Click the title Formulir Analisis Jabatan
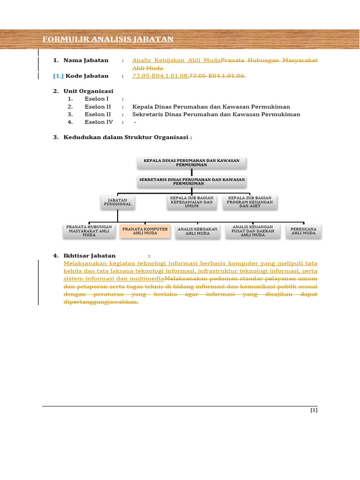coord(108,39)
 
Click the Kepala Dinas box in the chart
coord(191,163)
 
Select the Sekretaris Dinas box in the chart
coord(191,181)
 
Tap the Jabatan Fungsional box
coord(118,202)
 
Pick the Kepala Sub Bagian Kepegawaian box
coord(192,202)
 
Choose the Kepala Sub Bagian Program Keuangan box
coord(249,202)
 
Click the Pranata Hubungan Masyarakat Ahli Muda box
coord(89,231)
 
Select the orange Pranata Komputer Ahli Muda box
coord(145,231)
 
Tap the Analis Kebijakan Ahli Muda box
coord(197,231)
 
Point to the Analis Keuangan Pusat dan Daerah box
coord(253,231)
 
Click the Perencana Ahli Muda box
coord(304,231)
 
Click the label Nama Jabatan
coord(86,60)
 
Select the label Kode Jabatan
coord(87,76)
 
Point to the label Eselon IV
coord(98,122)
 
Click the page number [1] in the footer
coord(314,410)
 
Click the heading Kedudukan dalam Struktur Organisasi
coord(127,137)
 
